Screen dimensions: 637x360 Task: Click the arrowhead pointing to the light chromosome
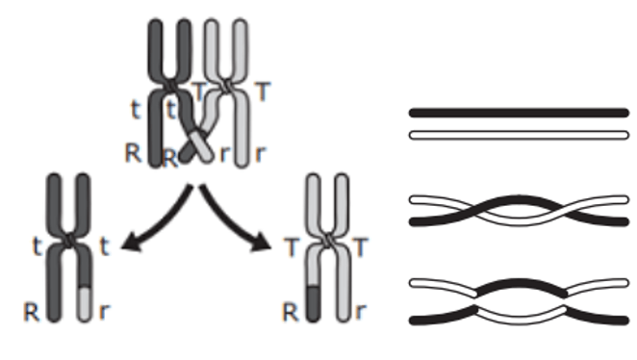click(261, 243)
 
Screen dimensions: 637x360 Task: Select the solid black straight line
click(519, 113)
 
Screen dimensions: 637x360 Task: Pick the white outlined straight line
click(519, 135)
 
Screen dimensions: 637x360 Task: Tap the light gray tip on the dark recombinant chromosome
click(84, 304)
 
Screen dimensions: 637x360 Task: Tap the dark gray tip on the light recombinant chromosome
click(313, 303)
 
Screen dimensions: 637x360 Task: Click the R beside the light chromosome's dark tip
click(290, 313)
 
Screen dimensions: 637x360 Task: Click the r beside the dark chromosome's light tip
click(105, 312)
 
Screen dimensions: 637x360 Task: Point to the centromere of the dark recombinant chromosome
click(69, 240)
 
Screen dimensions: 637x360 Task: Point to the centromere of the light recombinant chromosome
click(327, 240)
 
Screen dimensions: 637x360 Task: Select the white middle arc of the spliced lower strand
click(521, 317)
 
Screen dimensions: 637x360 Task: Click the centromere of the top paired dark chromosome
click(169, 86)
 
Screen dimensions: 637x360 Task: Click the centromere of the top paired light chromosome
click(227, 86)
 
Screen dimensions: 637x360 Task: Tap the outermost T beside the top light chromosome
click(263, 91)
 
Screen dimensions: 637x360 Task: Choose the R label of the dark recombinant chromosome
click(32, 313)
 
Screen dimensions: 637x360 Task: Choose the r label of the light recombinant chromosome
click(360, 312)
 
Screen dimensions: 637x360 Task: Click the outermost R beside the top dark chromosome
click(133, 154)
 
